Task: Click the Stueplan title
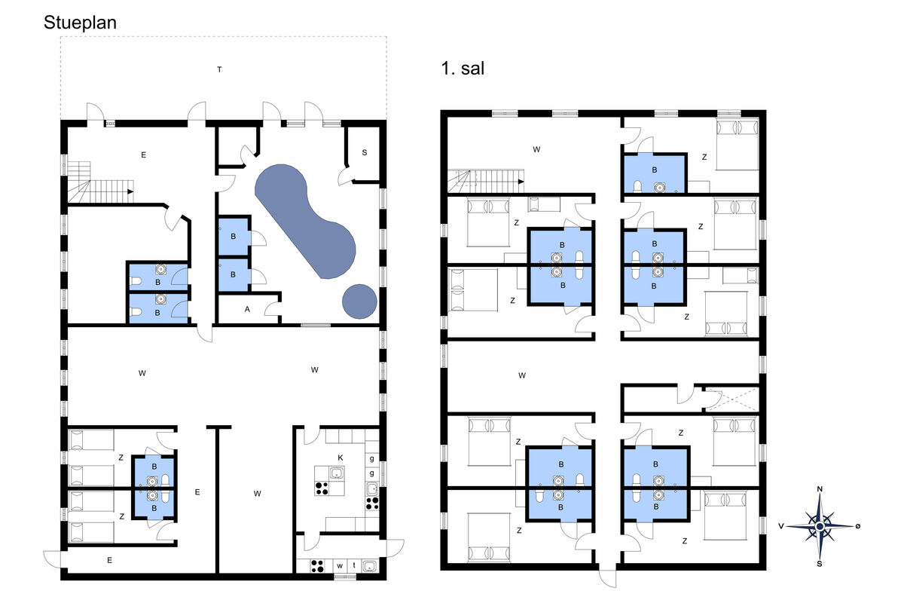(x=80, y=23)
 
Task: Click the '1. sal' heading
(x=463, y=69)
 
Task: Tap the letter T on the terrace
(x=219, y=69)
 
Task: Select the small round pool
(x=359, y=301)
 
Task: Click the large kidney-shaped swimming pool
(x=306, y=222)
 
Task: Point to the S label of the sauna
(x=365, y=153)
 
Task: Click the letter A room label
(x=247, y=309)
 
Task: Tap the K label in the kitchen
(x=341, y=458)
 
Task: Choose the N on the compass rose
(x=820, y=489)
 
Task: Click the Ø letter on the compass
(x=857, y=526)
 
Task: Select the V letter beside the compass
(x=781, y=526)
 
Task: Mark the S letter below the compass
(x=820, y=563)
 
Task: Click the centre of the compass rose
(x=820, y=526)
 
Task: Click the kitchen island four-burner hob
(x=322, y=488)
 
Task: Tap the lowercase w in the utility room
(x=340, y=566)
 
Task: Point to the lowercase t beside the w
(x=354, y=565)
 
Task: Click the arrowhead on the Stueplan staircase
(x=130, y=191)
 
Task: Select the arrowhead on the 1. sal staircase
(x=521, y=182)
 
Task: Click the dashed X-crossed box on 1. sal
(x=732, y=399)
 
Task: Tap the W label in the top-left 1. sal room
(x=536, y=149)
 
